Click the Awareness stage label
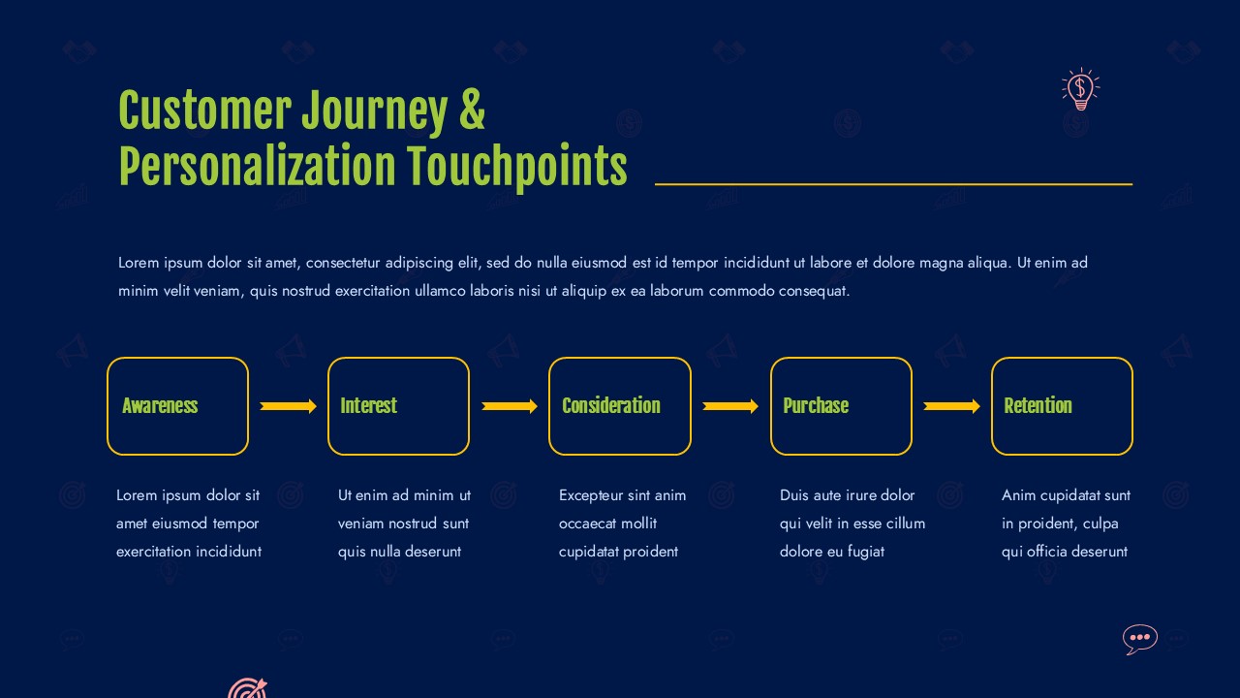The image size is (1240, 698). [x=160, y=405]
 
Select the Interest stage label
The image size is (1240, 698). [x=369, y=405]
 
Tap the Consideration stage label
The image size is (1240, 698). [x=611, y=405]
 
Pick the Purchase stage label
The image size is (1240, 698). [x=816, y=405]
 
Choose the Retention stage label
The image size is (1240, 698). [x=1038, y=405]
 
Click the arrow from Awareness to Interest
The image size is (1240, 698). [x=289, y=406]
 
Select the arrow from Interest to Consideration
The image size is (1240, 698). [x=510, y=406]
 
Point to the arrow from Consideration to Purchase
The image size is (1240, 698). [x=730, y=406]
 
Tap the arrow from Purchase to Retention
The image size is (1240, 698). [x=951, y=406]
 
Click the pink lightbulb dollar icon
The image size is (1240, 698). [x=1080, y=89]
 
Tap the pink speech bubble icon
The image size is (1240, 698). [x=1140, y=639]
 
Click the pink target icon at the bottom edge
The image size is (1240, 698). [x=247, y=688]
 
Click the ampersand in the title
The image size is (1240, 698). [x=472, y=110]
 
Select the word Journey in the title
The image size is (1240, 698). [x=375, y=112]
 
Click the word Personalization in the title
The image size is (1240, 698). [x=258, y=165]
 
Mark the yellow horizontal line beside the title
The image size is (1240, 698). [x=893, y=184]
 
